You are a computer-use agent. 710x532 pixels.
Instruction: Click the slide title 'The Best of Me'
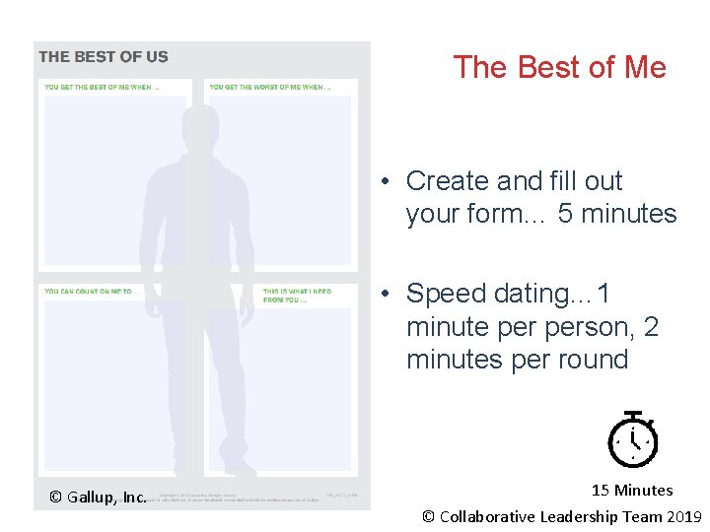tap(559, 67)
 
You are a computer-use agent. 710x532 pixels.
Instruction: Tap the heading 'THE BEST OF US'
tap(104, 57)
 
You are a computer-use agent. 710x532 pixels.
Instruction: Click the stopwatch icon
tap(632, 439)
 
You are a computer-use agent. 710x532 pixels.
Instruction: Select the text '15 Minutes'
tap(632, 490)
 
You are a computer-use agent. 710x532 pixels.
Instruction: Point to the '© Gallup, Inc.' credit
tap(99, 497)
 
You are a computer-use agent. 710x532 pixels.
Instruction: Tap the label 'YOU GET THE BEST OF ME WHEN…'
tap(103, 88)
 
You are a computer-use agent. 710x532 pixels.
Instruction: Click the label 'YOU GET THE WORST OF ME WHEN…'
tap(269, 88)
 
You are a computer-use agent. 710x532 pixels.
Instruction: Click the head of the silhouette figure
tap(200, 125)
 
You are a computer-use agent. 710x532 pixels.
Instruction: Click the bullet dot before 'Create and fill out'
tap(390, 181)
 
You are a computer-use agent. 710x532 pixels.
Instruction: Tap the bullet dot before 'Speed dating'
tap(390, 294)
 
